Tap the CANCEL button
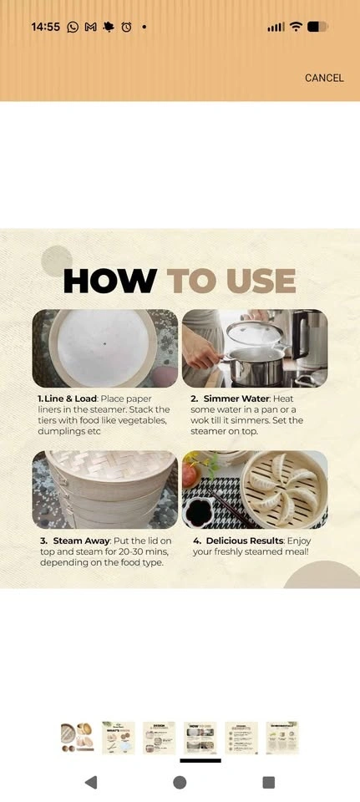click(324, 78)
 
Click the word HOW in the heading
click(110, 281)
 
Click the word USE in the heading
click(261, 281)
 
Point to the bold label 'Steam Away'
click(82, 541)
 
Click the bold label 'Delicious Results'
click(245, 541)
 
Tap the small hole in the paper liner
click(105, 343)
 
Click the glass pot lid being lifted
click(255, 333)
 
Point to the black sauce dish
click(198, 513)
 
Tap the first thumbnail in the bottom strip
click(77, 737)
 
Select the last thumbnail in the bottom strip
click(282, 737)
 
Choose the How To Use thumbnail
click(200, 737)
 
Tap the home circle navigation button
click(180, 782)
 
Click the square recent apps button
click(268, 782)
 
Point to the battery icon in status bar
click(317, 27)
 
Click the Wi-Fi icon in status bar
click(296, 27)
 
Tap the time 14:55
click(45, 27)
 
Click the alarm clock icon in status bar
click(126, 27)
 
